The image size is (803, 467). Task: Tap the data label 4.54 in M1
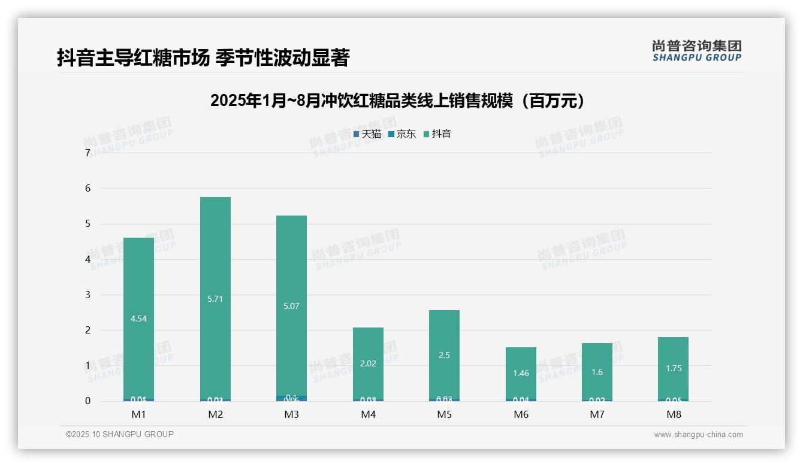click(138, 319)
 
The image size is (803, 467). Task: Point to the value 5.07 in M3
click(291, 307)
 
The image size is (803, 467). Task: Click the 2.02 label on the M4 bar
click(368, 363)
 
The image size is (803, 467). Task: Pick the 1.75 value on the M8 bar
click(674, 369)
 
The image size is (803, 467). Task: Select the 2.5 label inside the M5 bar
click(444, 355)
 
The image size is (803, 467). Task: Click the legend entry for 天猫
click(367, 134)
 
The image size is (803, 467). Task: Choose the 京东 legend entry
click(402, 134)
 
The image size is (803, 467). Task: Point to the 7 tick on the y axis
click(88, 153)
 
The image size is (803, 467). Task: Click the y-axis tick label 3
click(88, 295)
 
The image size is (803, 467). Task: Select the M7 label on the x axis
click(597, 414)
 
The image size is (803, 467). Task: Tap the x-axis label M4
click(368, 414)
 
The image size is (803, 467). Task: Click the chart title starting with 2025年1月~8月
click(397, 101)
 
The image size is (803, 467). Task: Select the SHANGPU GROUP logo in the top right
click(696, 51)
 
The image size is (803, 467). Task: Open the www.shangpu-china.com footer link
click(698, 435)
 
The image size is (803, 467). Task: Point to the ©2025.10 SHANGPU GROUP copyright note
click(120, 435)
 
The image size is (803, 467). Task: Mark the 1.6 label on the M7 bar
click(597, 372)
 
